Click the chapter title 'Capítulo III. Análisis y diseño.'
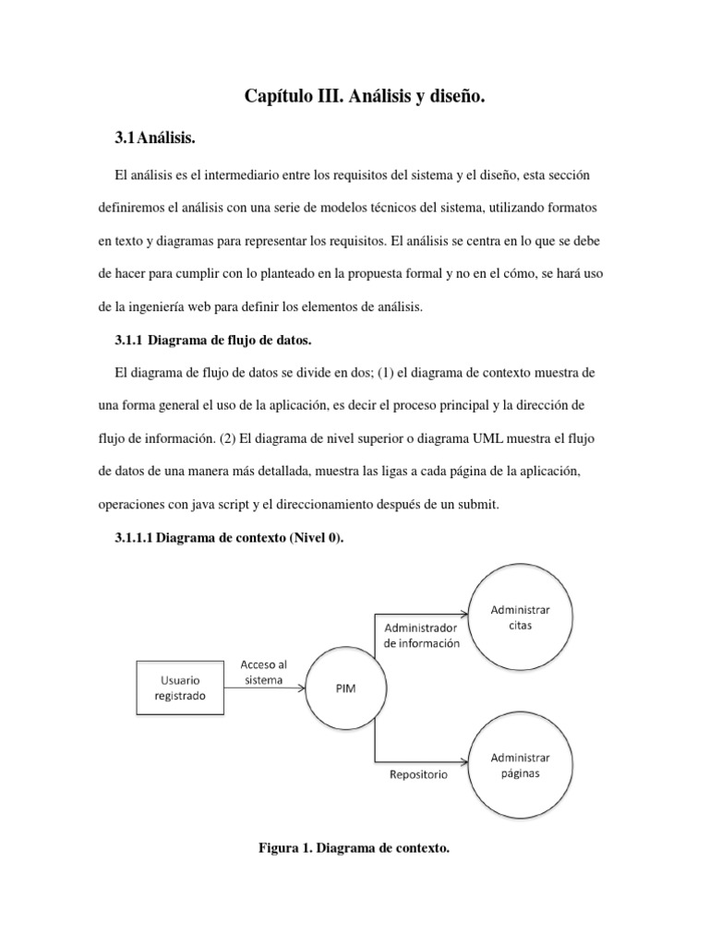point(364,96)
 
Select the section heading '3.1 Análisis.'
point(155,138)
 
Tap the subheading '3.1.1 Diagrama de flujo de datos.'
point(211,341)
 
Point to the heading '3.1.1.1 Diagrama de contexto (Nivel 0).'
point(228,538)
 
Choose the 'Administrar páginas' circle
point(520,765)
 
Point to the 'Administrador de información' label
point(415,637)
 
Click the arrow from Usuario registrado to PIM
point(268,688)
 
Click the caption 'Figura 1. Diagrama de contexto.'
point(354,849)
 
